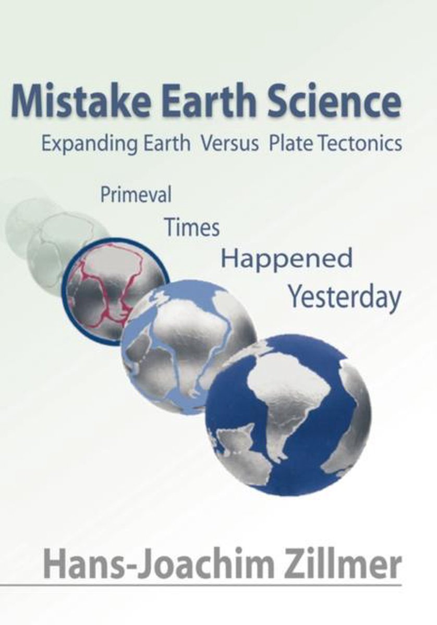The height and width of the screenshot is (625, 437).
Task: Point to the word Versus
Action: [x=229, y=144]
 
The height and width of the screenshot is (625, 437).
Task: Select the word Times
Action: [x=192, y=228]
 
